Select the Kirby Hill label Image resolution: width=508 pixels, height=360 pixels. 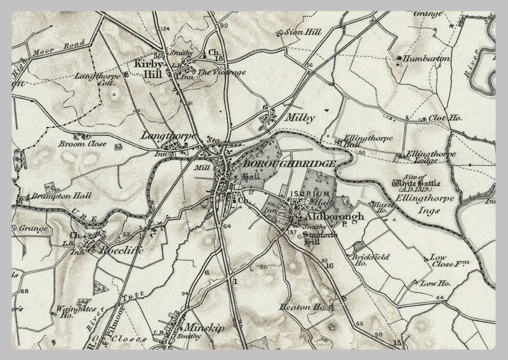click(149, 69)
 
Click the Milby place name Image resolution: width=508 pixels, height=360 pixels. click(300, 118)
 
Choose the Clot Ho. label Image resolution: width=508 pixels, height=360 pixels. click(445, 118)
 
